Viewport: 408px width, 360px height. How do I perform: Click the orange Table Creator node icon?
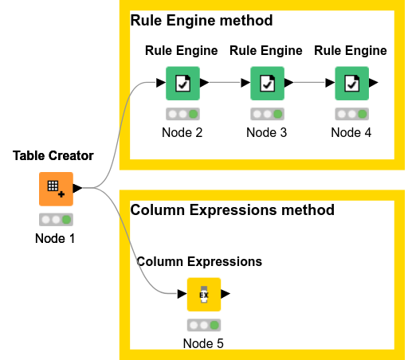click(x=56, y=189)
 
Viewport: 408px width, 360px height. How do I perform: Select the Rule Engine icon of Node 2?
click(x=182, y=83)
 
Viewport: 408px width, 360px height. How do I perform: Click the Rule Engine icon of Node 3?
click(x=266, y=83)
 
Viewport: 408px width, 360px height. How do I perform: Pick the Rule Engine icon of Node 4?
click(x=351, y=83)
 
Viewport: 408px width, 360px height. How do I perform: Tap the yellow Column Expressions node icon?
click(x=203, y=295)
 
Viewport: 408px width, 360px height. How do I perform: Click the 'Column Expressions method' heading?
click(x=232, y=210)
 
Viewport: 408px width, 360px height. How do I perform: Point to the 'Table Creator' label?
click(x=53, y=155)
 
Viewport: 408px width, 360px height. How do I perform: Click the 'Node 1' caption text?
click(x=56, y=238)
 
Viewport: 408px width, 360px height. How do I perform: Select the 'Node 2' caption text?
click(x=182, y=132)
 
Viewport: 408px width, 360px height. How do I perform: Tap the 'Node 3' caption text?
click(x=266, y=132)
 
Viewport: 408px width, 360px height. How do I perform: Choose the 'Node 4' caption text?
click(x=351, y=132)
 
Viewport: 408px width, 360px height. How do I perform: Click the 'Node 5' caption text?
click(x=203, y=343)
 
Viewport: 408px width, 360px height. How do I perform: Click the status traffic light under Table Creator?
click(x=56, y=220)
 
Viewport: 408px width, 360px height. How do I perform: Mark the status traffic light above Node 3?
click(x=266, y=114)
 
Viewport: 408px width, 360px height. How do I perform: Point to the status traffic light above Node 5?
click(x=203, y=325)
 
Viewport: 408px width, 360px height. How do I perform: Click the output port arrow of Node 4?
click(x=374, y=83)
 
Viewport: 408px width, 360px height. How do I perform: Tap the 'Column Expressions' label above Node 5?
click(x=199, y=261)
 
